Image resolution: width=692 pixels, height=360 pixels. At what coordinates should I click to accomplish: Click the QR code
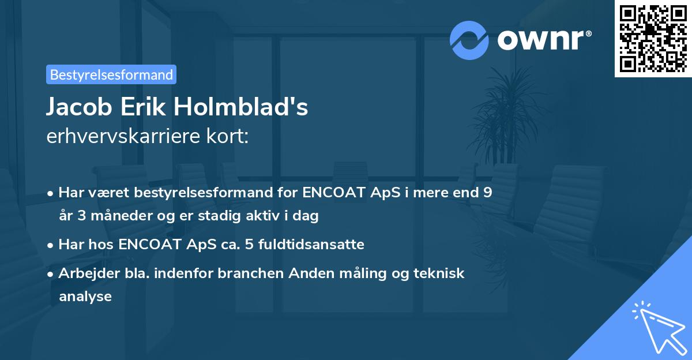pyautogui.click(x=653, y=38)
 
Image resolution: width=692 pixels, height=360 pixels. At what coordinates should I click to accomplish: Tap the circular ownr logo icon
pyautogui.click(x=469, y=40)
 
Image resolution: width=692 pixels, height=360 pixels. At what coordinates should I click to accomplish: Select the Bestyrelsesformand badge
pyautogui.click(x=111, y=74)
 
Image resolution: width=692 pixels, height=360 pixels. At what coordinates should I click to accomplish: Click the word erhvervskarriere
pyautogui.click(x=121, y=137)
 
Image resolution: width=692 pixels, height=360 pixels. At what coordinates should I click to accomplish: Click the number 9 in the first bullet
pyautogui.click(x=487, y=193)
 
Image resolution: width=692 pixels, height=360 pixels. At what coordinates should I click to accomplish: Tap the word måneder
pyautogui.click(x=111, y=216)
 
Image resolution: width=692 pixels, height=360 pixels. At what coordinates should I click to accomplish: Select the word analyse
pyautogui.click(x=85, y=297)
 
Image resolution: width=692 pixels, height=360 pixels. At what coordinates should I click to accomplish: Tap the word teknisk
pyautogui.click(x=439, y=273)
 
